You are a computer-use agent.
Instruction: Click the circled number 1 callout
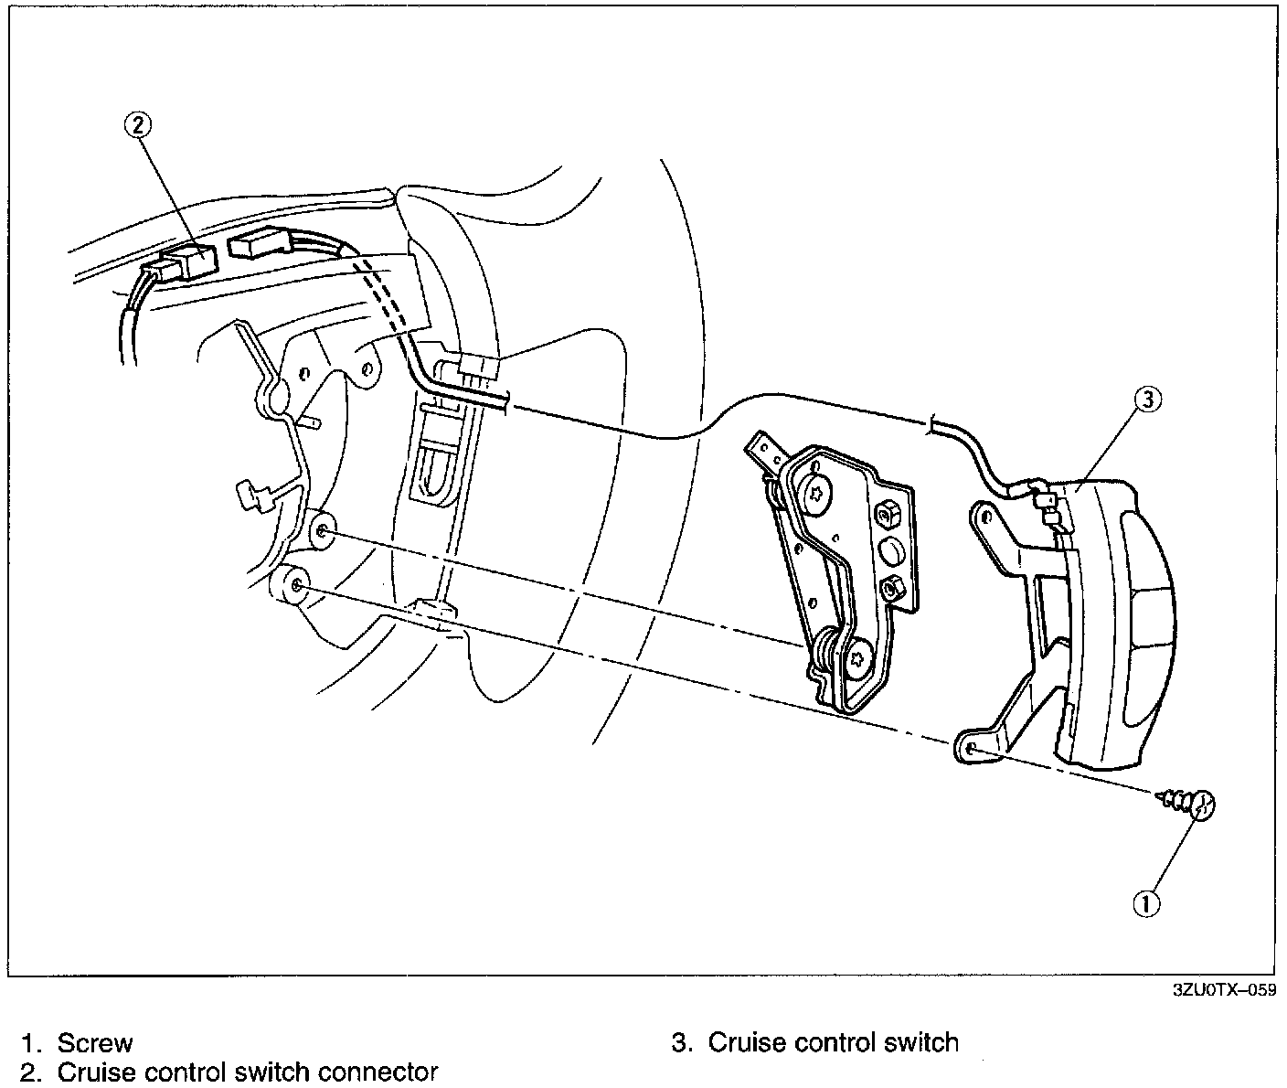tap(1146, 902)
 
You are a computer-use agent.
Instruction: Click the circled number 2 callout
tap(138, 125)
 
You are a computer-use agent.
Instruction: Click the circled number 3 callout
tap(1148, 399)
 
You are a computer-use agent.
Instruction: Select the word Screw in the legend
tap(95, 1042)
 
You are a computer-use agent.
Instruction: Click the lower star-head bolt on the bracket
tap(858, 660)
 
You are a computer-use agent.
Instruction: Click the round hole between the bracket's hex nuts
tap(889, 550)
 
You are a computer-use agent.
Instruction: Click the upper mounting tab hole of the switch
tap(986, 517)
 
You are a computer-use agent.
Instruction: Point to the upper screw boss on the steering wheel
tap(324, 531)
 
